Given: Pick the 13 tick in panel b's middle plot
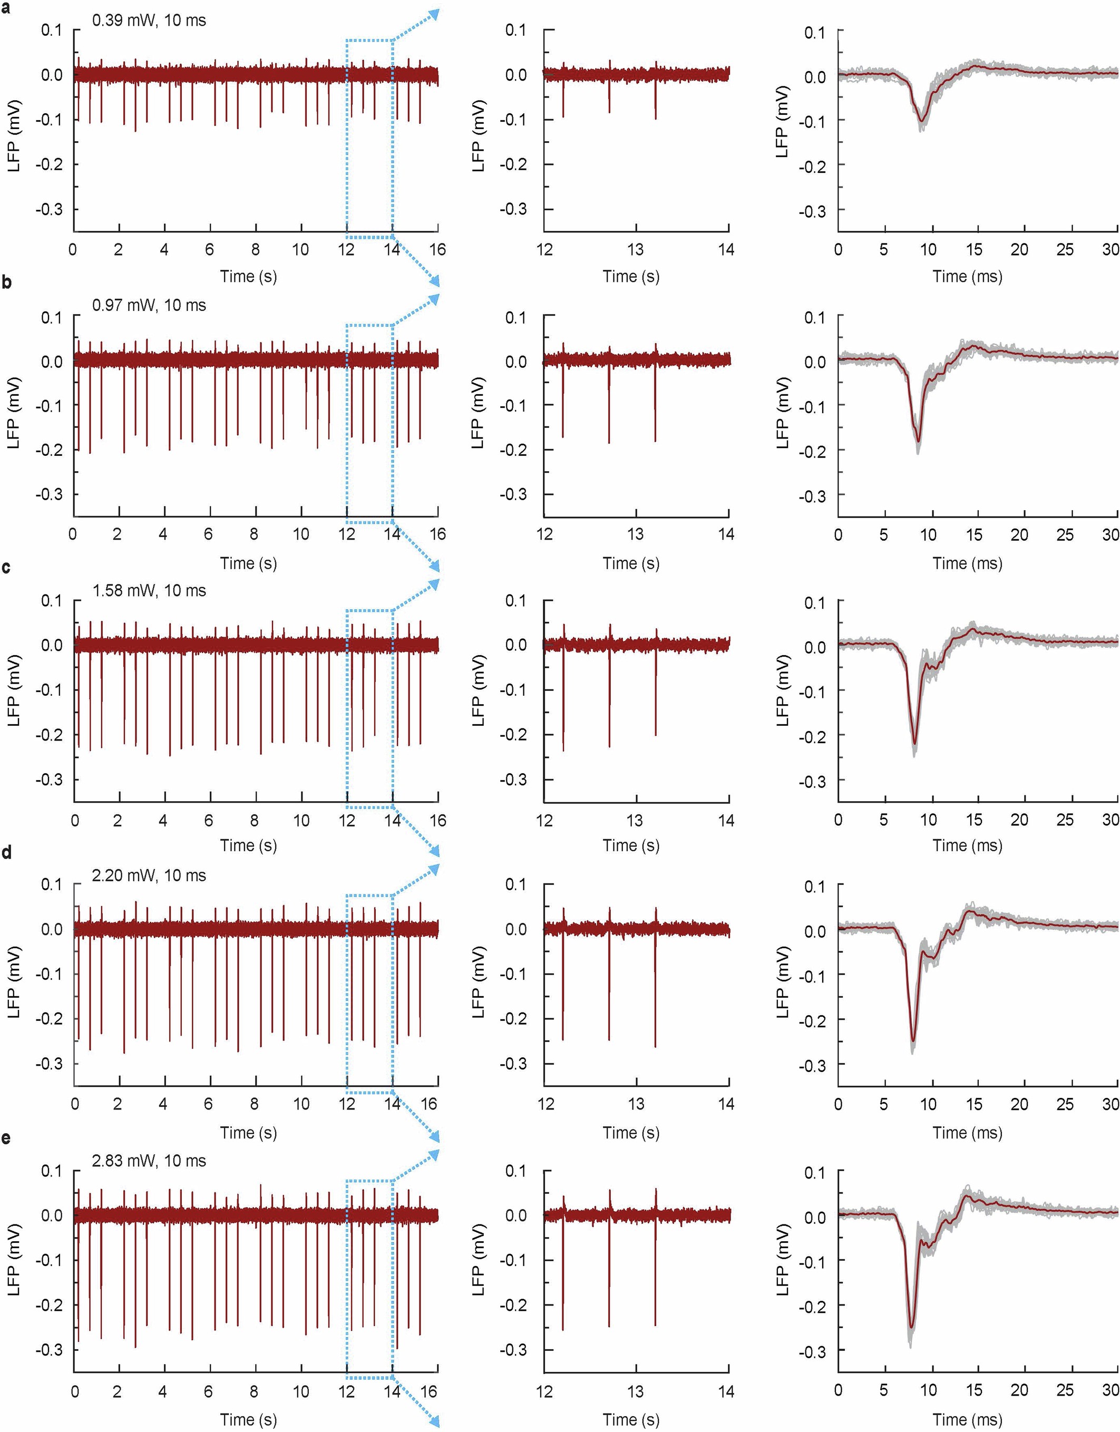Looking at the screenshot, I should (636, 534).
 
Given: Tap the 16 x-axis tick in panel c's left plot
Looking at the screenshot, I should (437, 820).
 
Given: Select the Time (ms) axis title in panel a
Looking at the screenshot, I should (967, 277).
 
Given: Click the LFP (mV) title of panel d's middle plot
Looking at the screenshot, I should (478, 981).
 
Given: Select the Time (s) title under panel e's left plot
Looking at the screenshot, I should (248, 1419).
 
